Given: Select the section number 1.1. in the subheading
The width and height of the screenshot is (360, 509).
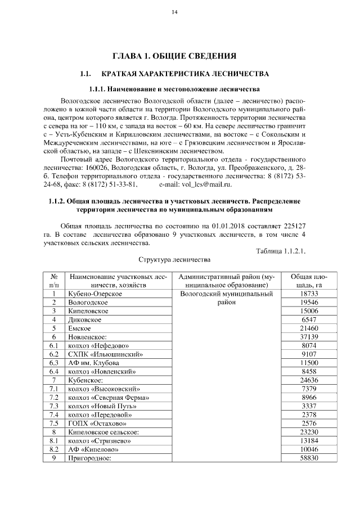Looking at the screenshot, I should (x=85, y=74).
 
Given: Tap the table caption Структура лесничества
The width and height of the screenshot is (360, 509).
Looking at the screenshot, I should (x=174, y=260).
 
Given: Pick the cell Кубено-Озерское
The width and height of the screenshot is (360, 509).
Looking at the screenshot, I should (x=95, y=294).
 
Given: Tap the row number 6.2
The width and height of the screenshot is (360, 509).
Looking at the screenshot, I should (x=54, y=354).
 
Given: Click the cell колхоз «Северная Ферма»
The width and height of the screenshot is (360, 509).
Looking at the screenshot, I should (x=104, y=397).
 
